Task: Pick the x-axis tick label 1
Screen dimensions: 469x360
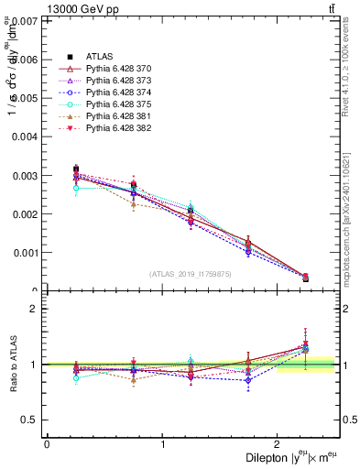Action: click(x=162, y=444)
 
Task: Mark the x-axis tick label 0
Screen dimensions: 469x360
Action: click(x=47, y=444)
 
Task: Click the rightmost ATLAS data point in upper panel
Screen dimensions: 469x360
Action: click(x=305, y=278)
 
